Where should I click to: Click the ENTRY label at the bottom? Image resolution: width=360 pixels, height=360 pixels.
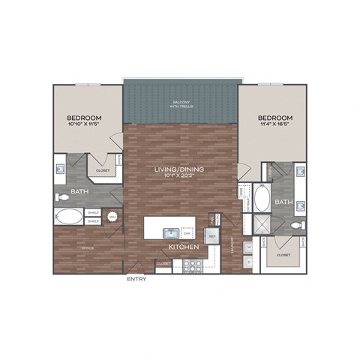pyautogui.click(x=136, y=279)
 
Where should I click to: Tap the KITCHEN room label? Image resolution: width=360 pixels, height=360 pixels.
pyautogui.click(x=182, y=247)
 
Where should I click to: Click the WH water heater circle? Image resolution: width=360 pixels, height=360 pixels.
pyautogui.click(x=112, y=217)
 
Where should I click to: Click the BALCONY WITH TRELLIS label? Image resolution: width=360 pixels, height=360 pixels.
pyautogui.click(x=181, y=106)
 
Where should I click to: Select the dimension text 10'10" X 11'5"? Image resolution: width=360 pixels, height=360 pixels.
pyautogui.click(x=85, y=126)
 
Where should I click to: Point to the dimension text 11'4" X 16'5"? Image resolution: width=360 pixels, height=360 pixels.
pyautogui.click(x=274, y=126)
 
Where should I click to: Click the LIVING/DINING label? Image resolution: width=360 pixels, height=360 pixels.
pyautogui.click(x=179, y=169)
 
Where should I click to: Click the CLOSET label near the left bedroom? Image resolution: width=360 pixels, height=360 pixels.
pyautogui.click(x=103, y=171)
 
